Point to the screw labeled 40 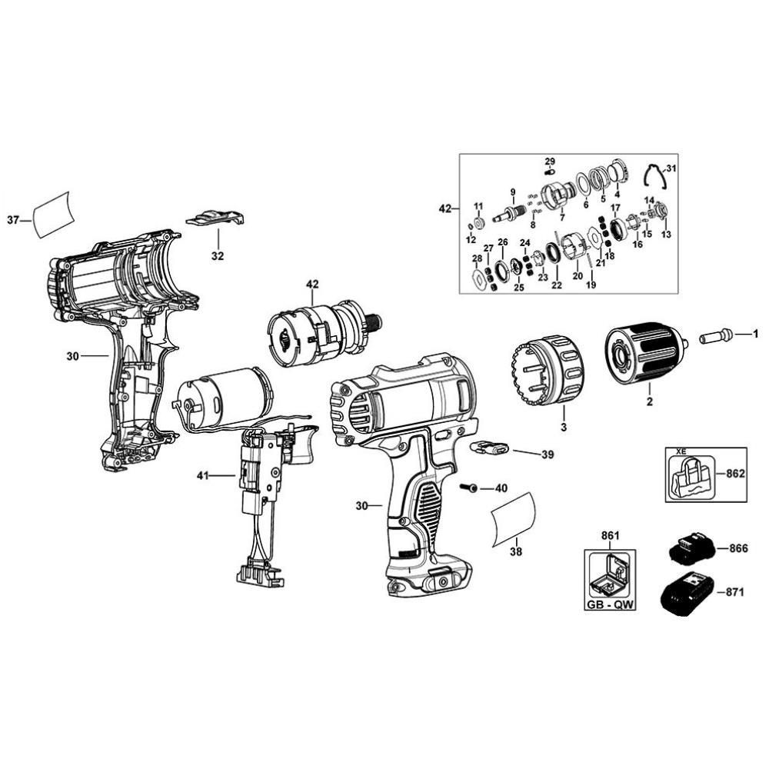point(468,488)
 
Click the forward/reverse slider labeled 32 point(215,218)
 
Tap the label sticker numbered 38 point(514,518)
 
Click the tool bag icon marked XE point(690,475)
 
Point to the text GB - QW point(611,604)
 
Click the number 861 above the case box point(610,535)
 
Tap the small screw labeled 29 point(549,171)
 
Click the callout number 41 point(202,475)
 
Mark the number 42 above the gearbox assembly point(312,284)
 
